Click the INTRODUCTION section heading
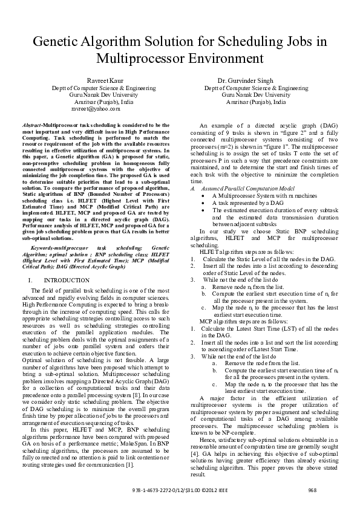(67, 281)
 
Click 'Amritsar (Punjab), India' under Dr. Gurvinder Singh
(254, 102)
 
